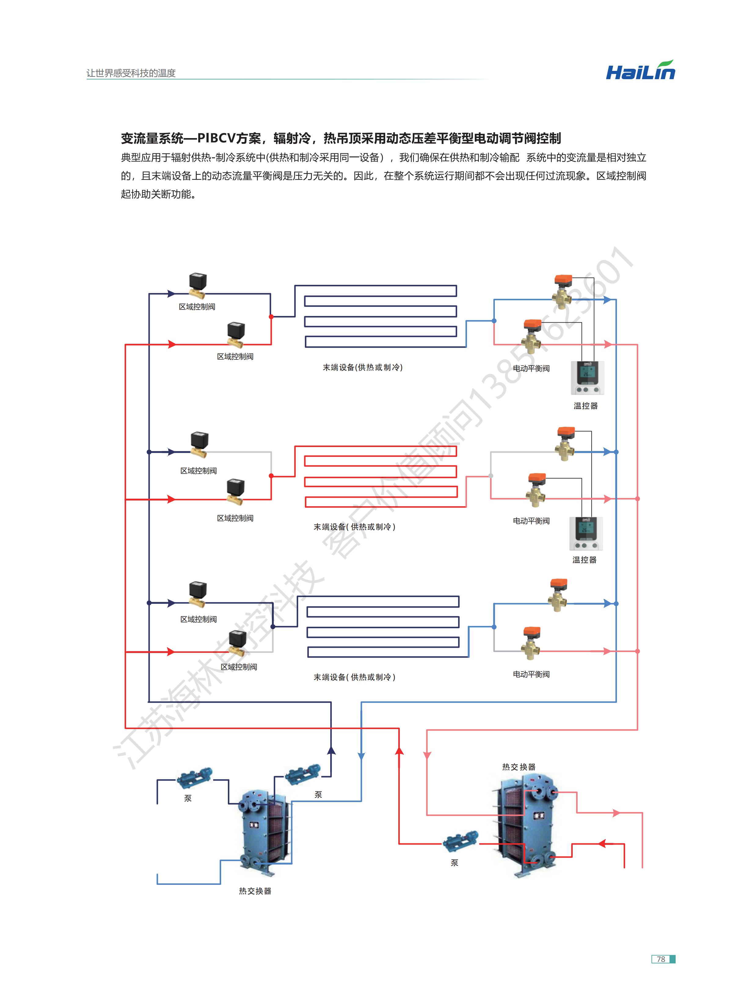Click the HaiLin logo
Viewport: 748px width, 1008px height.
(x=640, y=71)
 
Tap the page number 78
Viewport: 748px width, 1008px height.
(x=661, y=959)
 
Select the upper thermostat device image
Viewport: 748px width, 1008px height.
(x=586, y=377)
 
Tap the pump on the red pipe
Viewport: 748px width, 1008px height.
(x=460, y=841)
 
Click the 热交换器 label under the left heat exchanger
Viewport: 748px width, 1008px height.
(x=255, y=891)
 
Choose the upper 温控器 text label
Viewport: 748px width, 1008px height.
(x=586, y=406)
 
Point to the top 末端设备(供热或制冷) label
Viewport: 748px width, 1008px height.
(x=362, y=367)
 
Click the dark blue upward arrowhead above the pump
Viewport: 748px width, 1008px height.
(x=331, y=750)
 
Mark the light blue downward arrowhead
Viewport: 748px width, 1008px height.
(x=361, y=756)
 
